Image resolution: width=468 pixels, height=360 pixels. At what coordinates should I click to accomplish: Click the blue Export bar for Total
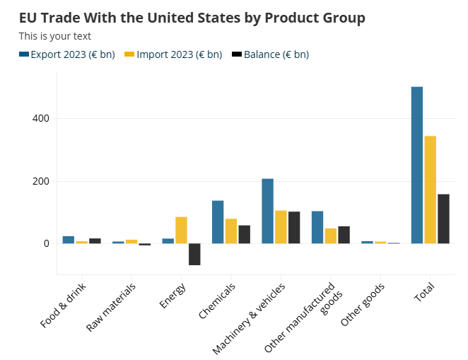pyautogui.click(x=417, y=166)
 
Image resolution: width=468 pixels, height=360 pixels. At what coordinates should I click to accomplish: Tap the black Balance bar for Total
pyautogui.click(x=443, y=219)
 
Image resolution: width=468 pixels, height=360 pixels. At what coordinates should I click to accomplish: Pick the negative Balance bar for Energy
pyautogui.click(x=194, y=254)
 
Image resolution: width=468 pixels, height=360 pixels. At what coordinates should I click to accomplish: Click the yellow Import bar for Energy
pyautogui.click(x=181, y=230)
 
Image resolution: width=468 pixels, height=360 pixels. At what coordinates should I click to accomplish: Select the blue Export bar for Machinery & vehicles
pyautogui.click(x=267, y=211)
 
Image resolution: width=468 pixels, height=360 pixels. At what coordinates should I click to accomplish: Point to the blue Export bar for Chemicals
pyautogui.click(x=218, y=222)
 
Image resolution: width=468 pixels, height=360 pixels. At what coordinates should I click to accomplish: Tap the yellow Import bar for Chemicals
pyautogui.click(x=231, y=231)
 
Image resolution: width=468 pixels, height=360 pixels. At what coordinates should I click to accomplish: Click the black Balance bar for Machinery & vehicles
pyautogui.click(x=294, y=228)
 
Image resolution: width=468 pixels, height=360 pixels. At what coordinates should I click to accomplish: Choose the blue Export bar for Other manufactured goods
pyautogui.click(x=317, y=227)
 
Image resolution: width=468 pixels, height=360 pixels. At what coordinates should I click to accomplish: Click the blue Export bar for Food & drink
pyautogui.click(x=69, y=240)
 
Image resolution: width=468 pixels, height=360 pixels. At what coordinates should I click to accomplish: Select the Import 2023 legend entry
pyautogui.click(x=173, y=54)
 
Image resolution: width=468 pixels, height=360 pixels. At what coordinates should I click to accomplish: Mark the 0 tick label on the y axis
pyautogui.click(x=45, y=243)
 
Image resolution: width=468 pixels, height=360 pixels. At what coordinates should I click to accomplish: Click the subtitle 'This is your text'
pyautogui.click(x=54, y=36)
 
